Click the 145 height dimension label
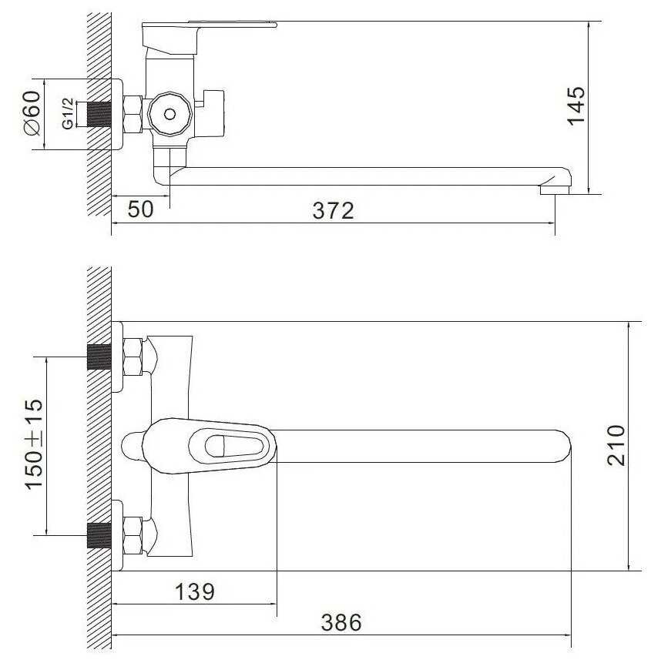point(575,106)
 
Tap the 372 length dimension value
point(333,210)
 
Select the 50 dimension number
point(140,209)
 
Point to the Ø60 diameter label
point(32,113)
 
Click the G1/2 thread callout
point(68,114)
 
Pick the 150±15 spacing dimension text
point(34,444)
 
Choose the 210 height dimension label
point(616,446)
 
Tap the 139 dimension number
point(195,591)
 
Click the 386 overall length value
point(341,622)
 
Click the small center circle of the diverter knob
point(169,114)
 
